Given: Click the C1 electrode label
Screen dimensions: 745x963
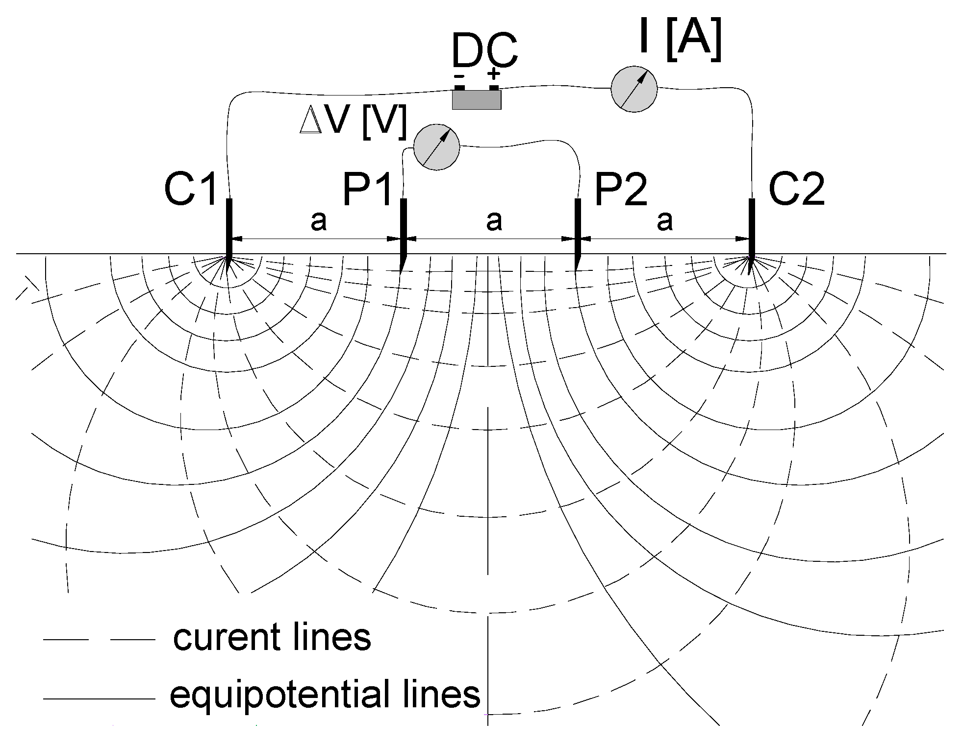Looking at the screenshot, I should tap(191, 190).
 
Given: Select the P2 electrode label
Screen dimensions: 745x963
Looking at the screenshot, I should tap(620, 190).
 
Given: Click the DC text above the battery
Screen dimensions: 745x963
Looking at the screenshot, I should tap(484, 51).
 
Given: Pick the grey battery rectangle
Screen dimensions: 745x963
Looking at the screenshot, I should tap(476, 100).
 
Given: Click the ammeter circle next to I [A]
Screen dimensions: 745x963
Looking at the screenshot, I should tap(634, 89).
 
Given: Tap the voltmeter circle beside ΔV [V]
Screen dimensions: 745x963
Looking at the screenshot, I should tap(436, 147).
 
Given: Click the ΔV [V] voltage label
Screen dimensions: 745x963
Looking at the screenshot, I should tap(353, 122).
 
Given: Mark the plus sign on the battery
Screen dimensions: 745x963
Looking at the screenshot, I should tap(494, 74).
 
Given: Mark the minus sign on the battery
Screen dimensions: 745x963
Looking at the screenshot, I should tap(459, 76).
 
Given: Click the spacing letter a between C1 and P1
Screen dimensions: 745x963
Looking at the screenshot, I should tap(318, 221).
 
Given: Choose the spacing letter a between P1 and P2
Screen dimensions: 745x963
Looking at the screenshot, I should tap(494, 221).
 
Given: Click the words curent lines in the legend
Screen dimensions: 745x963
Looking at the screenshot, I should tap(272, 637).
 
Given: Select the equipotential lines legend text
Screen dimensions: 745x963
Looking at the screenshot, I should tap(325, 694).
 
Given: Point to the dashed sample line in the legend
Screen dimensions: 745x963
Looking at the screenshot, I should tap(99, 639).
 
